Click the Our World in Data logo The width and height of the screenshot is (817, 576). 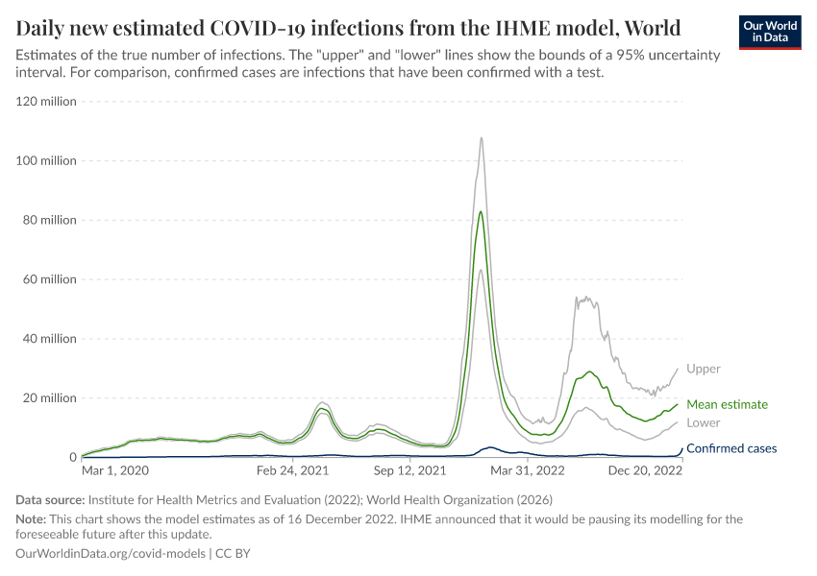(771, 32)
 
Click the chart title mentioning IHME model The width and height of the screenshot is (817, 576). (348, 27)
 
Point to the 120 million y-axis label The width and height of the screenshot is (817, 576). (47, 101)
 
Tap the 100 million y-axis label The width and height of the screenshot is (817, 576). (47, 160)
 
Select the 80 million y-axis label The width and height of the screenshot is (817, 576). (50, 220)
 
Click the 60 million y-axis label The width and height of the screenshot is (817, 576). (50, 279)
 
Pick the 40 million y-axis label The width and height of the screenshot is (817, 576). (50, 339)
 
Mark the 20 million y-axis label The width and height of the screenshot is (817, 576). (50, 398)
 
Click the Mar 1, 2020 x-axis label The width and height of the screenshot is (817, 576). (115, 471)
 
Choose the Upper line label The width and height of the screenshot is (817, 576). (704, 369)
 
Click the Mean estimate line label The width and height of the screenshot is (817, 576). (727, 405)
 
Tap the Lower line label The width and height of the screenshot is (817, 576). (704, 422)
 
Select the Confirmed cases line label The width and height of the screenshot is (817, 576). (731, 448)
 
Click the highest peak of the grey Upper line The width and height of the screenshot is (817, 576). (481, 137)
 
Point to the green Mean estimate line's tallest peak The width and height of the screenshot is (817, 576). (481, 211)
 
